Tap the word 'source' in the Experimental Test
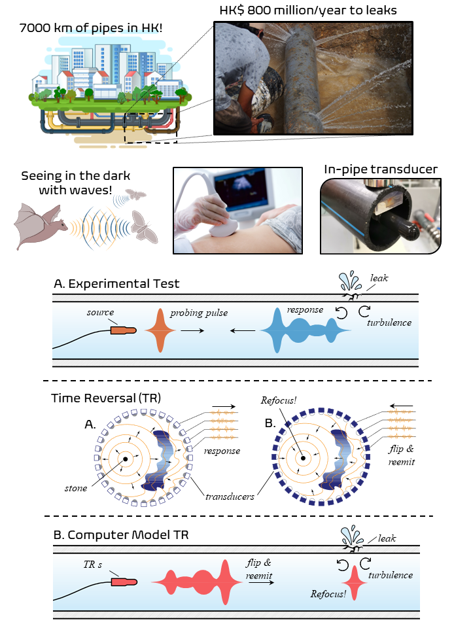click(x=100, y=313)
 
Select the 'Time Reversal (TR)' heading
click(x=106, y=397)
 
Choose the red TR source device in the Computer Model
click(x=124, y=581)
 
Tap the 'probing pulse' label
click(x=199, y=313)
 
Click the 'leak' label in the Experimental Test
click(x=379, y=278)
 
